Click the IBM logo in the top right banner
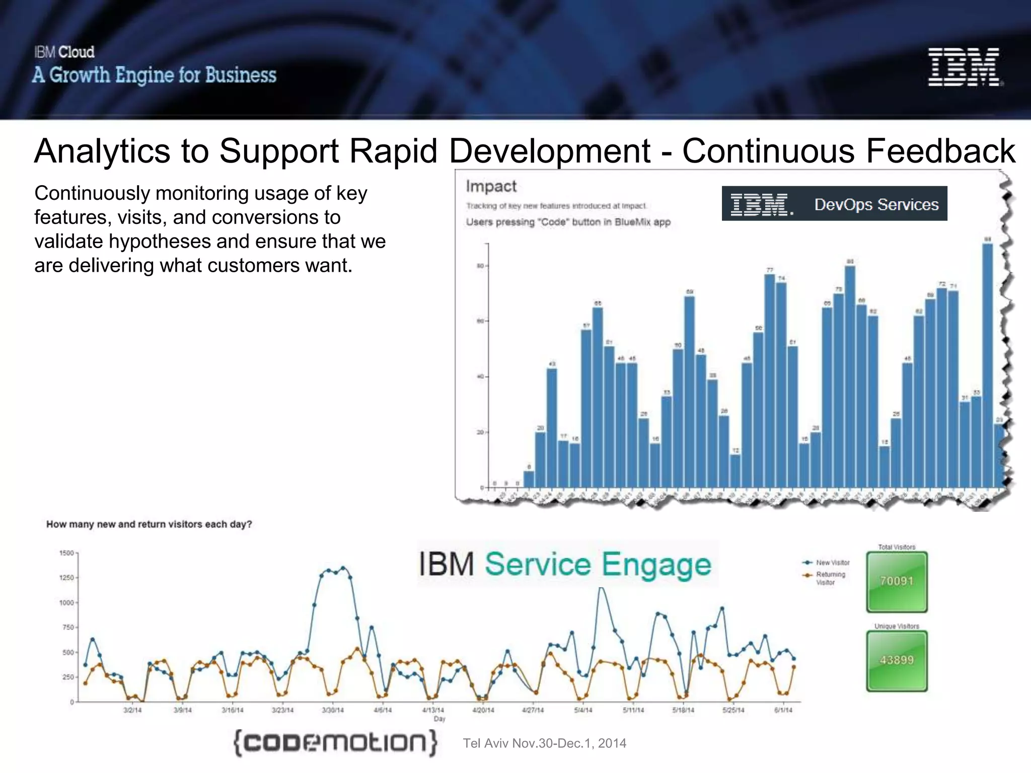pyautogui.click(x=964, y=67)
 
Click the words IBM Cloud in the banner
pyautogui.click(x=64, y=52)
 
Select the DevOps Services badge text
pyautogui.click(x=876, y=204)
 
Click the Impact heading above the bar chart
pyautogui.click(x=491, y=186)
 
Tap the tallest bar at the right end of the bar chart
pyautogui.click(x=988, y=365)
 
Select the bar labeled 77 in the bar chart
pyautogui.click(x=769, y=380)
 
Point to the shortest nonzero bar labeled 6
pyautogui.click(x=529, y=479)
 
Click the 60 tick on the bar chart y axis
pyautogui.click(x=480, y=321)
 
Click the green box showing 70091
pyautogui.click(x=897, y=581)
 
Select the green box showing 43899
pyautogui.click(x=897, y=660)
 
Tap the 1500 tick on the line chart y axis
pyautogui.click(x=66, y=553)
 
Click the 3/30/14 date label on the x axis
pyautogui.click(x=333, y=710)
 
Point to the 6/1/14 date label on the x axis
pyautogui.click(x=783, y=710)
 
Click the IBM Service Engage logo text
pyautogui.click(x=566, y=564)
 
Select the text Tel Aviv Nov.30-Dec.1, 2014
pyautogui.click(x=544, y=743)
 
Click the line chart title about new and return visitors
pyautogui.click(x=149, y=524)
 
